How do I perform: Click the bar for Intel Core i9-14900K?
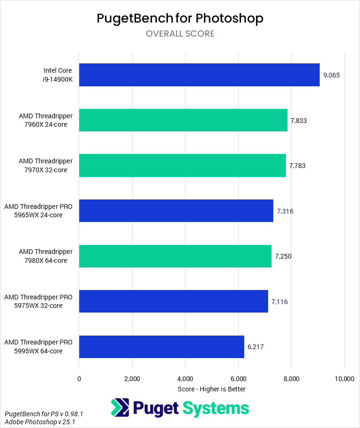coord(199,75)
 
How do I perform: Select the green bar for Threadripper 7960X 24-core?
coord(183,120)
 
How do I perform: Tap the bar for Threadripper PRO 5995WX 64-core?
coord(162,347)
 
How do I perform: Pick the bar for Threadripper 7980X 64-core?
coord(175,256)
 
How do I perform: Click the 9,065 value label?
coord(332,75)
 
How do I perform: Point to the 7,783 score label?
coord(297,166)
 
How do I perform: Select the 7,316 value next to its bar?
coord(285,211)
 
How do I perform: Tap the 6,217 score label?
coord(256,347)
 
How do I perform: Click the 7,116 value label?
coord(279,302)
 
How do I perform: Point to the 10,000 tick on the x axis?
coord(345,379)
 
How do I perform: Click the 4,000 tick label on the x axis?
coord(185,379)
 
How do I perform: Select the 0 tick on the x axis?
coord(79,379)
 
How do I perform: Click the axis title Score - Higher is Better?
coord(212,389)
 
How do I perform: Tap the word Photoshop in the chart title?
coord(229,18)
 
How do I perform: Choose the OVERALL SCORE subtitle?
coord(180,34)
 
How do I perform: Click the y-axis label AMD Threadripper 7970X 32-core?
coord(46,166)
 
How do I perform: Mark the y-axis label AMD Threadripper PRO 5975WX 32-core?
coord(38,302)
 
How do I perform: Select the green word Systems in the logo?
coord(216,408)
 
